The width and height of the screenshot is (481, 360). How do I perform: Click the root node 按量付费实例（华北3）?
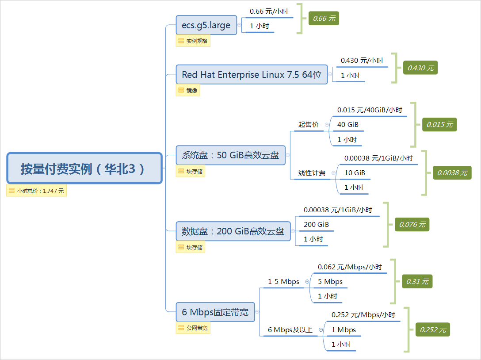point(84,168)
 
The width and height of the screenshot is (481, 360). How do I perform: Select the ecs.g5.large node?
point(206,25)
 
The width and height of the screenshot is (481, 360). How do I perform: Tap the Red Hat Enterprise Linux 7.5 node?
point(252,74)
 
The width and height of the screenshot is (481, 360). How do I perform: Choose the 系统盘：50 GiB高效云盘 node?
point(230,155)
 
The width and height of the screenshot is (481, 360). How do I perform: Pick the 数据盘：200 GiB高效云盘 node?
point(233,231)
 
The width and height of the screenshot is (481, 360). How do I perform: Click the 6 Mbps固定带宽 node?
point(215,312)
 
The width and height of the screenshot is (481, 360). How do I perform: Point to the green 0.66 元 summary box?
point(324,19)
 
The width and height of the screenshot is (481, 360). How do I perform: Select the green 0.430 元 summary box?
point(420,68)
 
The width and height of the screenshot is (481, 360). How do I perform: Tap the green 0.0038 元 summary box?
point(452,173)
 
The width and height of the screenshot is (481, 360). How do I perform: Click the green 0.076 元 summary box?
point(412,224)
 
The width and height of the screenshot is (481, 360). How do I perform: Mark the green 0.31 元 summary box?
point(417,281)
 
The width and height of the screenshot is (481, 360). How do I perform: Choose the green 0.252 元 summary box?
point(433,329)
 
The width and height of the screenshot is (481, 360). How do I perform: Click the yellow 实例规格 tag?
point(193,41)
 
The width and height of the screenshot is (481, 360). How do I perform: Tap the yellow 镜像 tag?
point(188,90)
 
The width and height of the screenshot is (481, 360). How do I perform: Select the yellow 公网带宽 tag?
point(193,328)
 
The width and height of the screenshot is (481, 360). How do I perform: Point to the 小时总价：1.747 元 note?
point(37,191)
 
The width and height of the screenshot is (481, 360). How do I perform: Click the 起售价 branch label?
point(308,125)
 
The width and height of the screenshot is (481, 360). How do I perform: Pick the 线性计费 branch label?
point(312,173)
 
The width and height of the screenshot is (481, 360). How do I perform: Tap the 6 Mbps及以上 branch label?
point(290,329)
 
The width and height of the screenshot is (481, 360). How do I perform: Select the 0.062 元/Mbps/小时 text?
point(350,267)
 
